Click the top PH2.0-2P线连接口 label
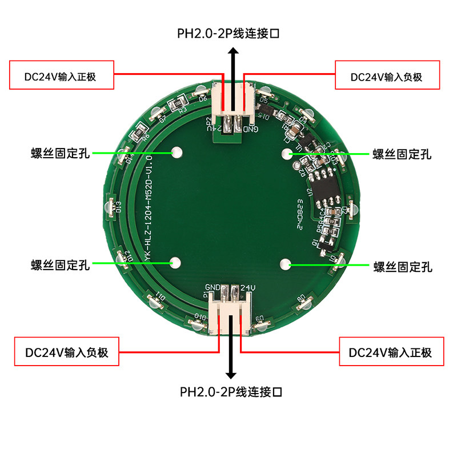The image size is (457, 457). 228,34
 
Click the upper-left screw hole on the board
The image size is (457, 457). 177,153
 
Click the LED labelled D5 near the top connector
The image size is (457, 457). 264,91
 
